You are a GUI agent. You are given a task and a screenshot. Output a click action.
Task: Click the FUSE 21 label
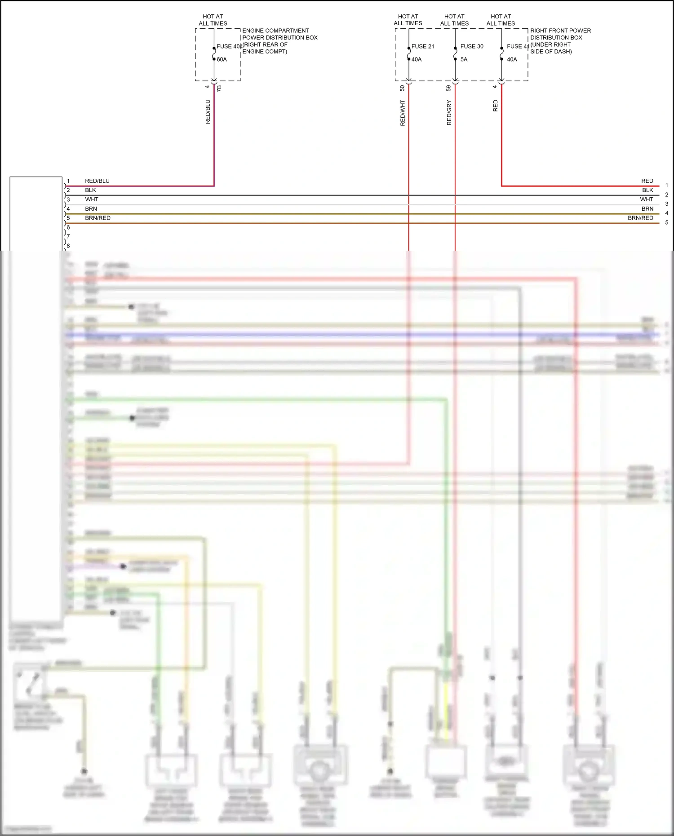coord(422,46)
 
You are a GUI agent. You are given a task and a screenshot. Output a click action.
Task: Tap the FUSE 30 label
coord(472,46)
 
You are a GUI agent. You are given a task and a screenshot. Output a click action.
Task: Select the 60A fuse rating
coord(222,59)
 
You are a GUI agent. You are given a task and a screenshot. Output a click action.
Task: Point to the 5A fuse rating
coord(464,59)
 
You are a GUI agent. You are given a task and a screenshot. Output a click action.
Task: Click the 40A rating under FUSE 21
coord(417,59)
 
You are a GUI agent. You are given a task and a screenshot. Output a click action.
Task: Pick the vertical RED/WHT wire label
coord(403,113)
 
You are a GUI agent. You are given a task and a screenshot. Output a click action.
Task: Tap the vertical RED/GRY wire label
coord(449,113)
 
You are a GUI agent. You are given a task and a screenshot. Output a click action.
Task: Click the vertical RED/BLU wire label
coord(208,112)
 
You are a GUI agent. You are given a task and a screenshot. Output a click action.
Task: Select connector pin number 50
coord(402,88)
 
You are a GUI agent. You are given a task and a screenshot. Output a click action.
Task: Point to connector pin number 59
coord(448,88)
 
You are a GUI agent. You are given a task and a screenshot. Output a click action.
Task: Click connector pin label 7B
coord(219,88)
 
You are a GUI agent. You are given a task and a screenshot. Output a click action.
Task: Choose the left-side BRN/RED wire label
coord(98,218)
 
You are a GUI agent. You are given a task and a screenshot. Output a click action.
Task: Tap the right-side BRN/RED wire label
coord(640,218)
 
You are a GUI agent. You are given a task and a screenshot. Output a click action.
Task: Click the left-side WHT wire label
coord(92,199)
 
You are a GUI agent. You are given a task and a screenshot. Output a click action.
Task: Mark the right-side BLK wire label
coord(647,190)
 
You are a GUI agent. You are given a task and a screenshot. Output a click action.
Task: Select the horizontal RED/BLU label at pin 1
coord(97,181)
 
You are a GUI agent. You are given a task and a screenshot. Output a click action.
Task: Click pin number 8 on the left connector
coord(68,246)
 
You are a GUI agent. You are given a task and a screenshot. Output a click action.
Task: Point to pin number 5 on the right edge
coord(667,222)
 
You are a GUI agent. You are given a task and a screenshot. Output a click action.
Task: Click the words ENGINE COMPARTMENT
coord(275,31)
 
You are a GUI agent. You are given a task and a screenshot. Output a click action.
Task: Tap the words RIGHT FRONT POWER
coord(560,31)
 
